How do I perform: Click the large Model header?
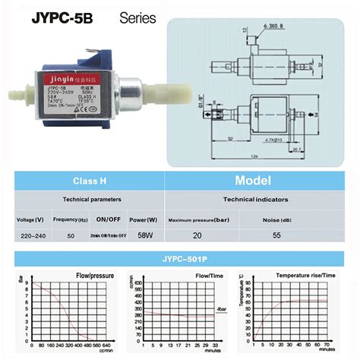coord(254,181)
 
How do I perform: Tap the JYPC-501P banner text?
coord(180,257)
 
